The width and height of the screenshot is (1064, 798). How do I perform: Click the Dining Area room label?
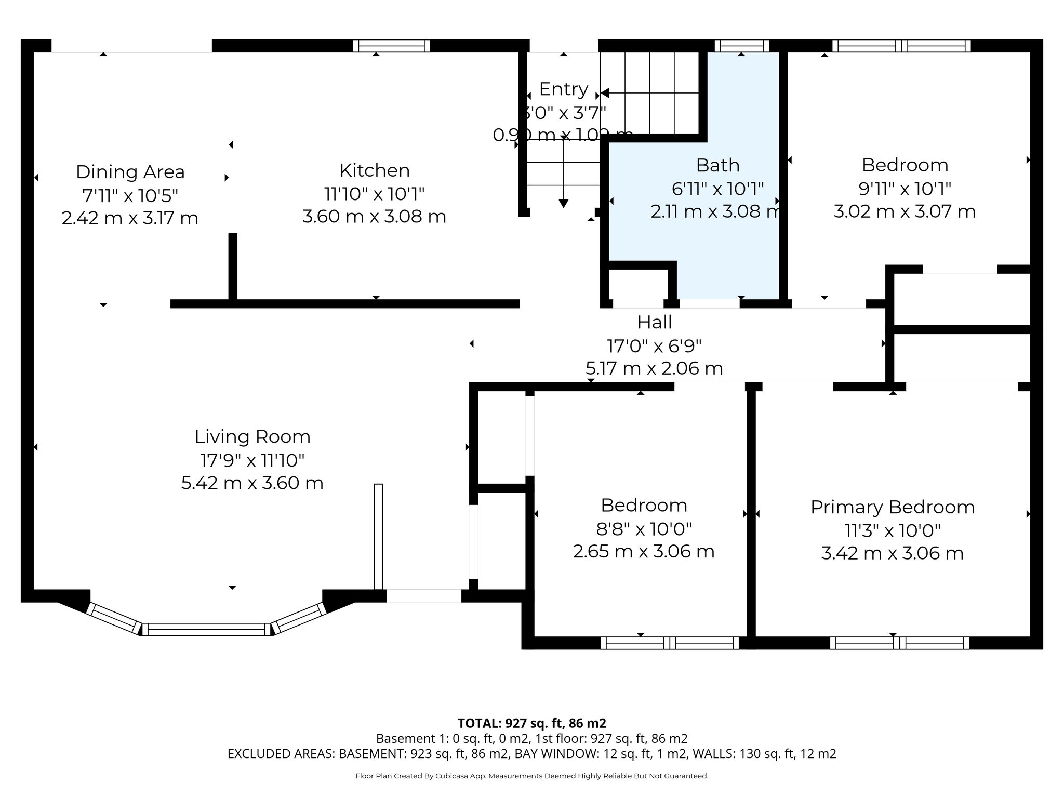[130, 172]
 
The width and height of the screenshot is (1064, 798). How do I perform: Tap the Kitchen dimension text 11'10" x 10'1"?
[374, 194]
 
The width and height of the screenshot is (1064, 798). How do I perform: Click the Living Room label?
[252, 436]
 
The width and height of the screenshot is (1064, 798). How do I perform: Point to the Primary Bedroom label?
[892, 507]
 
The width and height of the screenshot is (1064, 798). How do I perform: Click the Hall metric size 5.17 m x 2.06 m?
[654, 368]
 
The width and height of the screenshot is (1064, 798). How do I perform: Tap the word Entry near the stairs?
[563, 89]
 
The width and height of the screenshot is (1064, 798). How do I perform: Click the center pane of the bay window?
[206, 629]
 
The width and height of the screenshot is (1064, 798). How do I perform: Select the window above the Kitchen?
[391, 46]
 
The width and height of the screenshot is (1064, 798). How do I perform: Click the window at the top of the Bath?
[741, 46]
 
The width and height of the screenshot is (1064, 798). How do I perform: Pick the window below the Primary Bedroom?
[899, 643]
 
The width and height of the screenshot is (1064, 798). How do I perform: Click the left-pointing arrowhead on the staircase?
[605, 94]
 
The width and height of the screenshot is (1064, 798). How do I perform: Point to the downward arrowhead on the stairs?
[563, 203]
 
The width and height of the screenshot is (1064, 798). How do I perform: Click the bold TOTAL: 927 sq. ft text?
[531, 723]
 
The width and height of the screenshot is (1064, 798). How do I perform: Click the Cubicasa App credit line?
[531, 776]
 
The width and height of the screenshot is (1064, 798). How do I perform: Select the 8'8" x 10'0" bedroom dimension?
[644, 529]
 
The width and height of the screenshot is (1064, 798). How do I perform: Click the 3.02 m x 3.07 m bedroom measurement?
[905, 211]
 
